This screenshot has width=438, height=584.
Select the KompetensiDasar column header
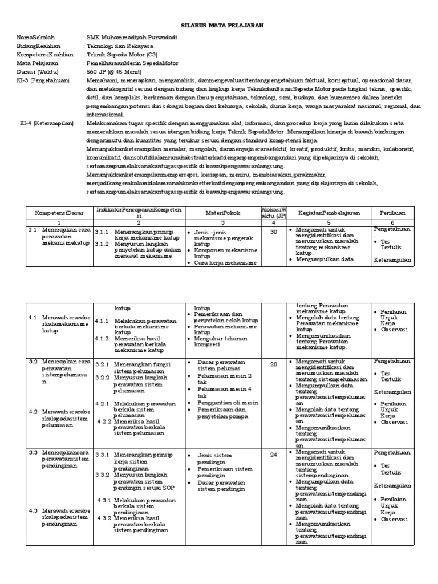tap(60, 213)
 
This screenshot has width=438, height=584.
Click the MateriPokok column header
tap(222, 213)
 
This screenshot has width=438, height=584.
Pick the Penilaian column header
tap(392, 213)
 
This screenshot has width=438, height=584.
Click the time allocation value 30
tap(273, 232)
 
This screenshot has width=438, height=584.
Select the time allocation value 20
tap(273, 364)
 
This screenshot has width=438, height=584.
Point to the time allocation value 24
tap(273, 455)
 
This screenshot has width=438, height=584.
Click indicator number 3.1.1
tap(102, 233)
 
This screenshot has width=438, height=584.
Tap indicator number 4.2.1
tap(104, 404)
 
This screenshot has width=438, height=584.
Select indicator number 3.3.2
tap(102, 474)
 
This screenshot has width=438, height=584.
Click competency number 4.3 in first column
tap(33, 510)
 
